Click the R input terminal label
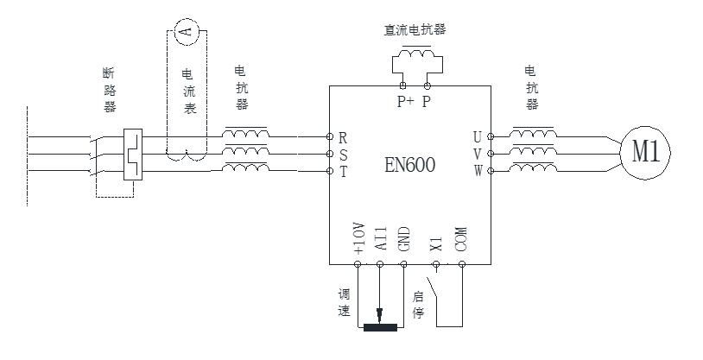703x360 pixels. coord(343,137)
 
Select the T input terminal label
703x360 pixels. coord(343,171)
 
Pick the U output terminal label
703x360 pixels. coord(478,137)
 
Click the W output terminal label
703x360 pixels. coord(478,171)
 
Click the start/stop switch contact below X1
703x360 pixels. coord(440,294)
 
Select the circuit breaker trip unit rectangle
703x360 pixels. coord(133,155)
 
